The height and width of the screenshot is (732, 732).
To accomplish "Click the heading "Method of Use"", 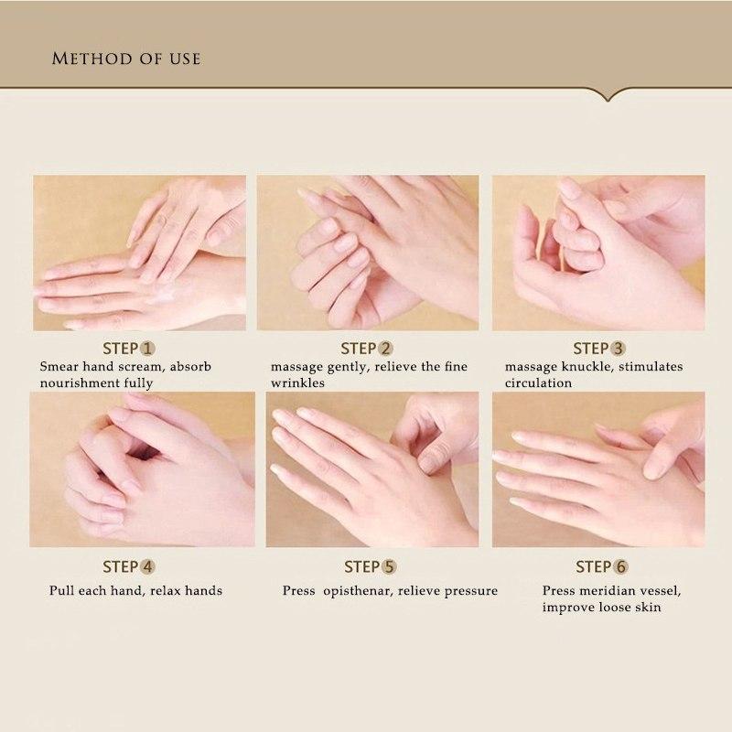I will [x=126, y=59].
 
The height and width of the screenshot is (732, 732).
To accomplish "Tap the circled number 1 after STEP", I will [x=148, y=349].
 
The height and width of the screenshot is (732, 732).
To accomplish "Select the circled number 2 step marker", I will [x=386, y=349].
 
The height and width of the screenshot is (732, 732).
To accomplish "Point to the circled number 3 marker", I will [x=619, y=349].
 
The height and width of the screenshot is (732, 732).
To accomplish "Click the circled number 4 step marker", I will [x=148, y=566].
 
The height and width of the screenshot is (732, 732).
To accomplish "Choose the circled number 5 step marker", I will [x=390, y=566].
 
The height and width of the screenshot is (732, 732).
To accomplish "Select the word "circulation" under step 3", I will [x=538, y=383].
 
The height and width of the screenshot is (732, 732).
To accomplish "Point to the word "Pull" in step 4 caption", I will [x=62, y=590].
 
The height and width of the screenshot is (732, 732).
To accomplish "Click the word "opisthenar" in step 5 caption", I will [x=360, y=590].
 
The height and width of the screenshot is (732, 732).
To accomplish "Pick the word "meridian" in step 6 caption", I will [x=610, y=590].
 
